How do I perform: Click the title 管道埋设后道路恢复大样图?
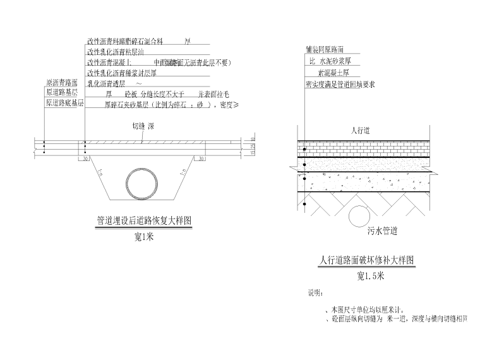tap(143, 222)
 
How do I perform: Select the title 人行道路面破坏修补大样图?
tap(367, 260)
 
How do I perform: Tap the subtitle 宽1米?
tap(144, 237)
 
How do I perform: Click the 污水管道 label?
tap(382, 231)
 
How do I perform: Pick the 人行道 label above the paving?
tap(360, 130)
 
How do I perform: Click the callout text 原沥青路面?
tap(62, 83)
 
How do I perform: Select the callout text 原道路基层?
tap(62, 93)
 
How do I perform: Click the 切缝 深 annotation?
tap(143, 126)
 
